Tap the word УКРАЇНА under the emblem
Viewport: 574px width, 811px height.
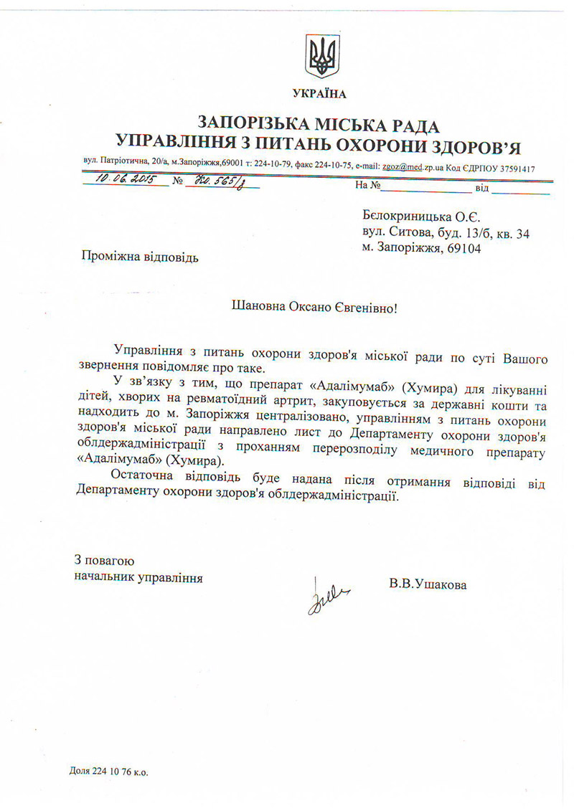coord(319,94)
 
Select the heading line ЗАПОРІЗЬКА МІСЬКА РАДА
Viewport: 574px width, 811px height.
coord(319,124)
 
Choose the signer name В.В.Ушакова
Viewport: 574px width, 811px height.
coord(428,584)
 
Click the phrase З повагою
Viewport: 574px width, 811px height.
coord(104,561)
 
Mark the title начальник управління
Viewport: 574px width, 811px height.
coord(138,577)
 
